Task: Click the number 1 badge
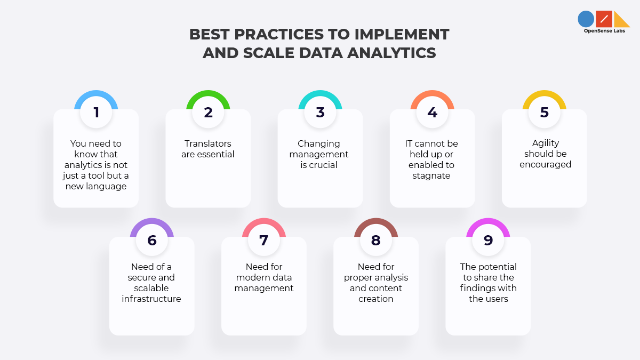(x=96, y=113)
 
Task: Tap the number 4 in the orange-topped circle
(x=433, y=113)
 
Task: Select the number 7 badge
(x=263, y=241)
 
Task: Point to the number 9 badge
(x=488, y=241)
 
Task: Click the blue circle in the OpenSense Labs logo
(x=586, y=19)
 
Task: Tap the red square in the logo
(x=604, y=19)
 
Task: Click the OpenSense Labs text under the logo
(x=604, y=31)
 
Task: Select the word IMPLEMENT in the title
(x=402, y=34)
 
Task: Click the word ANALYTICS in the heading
(x=391, y=53)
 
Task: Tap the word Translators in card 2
(x=207, y=143)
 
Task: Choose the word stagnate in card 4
(x=431, y=175)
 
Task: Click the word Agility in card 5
(x=546, y=143)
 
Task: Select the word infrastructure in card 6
(x=151, y=299)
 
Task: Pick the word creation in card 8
(x=375, y=299)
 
